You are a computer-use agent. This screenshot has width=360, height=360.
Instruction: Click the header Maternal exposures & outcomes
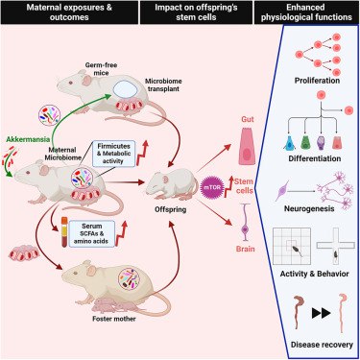[x=60, y=13]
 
